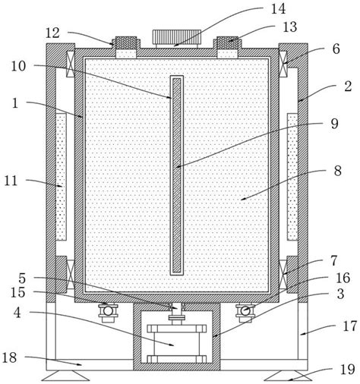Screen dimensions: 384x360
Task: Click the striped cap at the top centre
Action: pos(176,37)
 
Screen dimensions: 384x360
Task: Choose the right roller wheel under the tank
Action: pos(245,311)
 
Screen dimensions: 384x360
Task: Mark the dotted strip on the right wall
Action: pos(292,175)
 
